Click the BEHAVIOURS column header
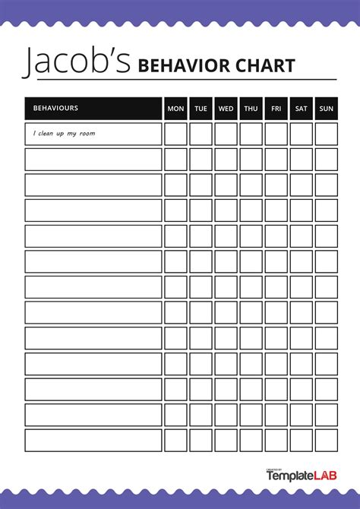[55, 109]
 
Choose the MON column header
[175, 109]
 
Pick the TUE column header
[201, 109]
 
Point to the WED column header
[226, 109]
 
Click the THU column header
[251, 109]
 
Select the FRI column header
[276, 109]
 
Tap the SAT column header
[302, 109]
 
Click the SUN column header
[326, 109]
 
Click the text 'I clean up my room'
[64, 134]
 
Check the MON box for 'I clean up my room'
[175, 134]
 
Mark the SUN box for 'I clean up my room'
[326, 134]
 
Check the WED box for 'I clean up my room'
[226, 134]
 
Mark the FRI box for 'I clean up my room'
[276, 134]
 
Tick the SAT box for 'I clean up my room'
[302, 134]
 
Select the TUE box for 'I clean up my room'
[201, 134]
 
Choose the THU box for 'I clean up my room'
[251, 134]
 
